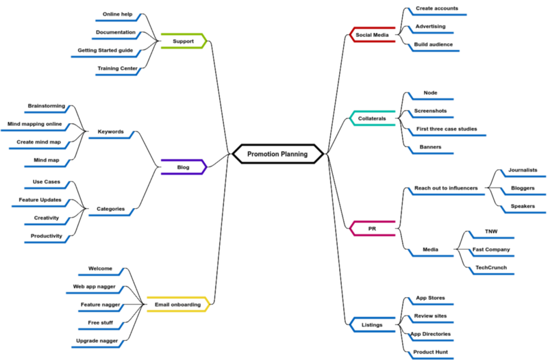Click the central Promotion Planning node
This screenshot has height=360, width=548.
tap(277, 154)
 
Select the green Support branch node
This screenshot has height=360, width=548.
tap(184, 41)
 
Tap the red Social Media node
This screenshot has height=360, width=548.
tap(373, 34)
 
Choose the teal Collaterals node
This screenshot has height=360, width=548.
tap(372, 118)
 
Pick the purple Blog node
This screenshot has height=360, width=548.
tap(184, 166)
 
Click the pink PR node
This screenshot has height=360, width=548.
tap(372, 228)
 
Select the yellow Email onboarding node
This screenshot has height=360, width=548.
tap(178, 305)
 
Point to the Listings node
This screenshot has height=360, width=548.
tap(372, 324)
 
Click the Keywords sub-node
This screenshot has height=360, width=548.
tap(111, 131)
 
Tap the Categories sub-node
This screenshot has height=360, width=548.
tap(111, 209)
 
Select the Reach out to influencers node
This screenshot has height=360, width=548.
tap(447, 188)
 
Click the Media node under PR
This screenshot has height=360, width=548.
tap(430, 250)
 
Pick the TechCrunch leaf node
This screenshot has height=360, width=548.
tap(491, 268)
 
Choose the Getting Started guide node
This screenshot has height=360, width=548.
tap(105, 50)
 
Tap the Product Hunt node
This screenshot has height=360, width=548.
tap(431, 352)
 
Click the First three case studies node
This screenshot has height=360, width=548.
tap(447, 129)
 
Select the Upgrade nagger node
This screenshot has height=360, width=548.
tap(97, 339)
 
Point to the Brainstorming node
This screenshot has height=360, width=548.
tap(47, 106)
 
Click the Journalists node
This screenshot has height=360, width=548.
tap(523, 170)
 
